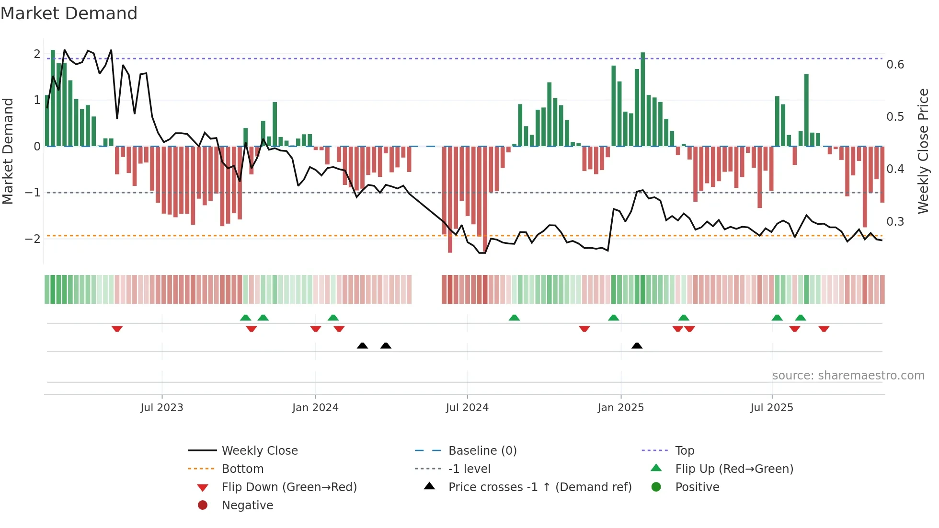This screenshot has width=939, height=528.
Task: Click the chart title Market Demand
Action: [x=69, y=13]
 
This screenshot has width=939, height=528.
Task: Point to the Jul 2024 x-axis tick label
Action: [x=467, y=408]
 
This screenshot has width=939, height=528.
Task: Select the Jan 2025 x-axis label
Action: [x=620, y=408]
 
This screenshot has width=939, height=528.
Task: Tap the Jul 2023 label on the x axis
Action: [x=162, y=408]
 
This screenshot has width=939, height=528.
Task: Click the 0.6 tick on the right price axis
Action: [x=895, y=65]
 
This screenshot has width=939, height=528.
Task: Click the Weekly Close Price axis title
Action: [x=923, y=151]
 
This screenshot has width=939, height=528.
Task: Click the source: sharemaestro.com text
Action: [x=848, y=376]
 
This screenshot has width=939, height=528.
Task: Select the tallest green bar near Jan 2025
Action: [x=643, y=98]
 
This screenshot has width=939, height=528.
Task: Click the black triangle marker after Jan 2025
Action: [x=637, y=345]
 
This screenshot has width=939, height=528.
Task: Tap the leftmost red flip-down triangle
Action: [x=117, y=329]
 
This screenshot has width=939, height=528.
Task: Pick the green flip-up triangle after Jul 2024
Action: [x=514, y=318]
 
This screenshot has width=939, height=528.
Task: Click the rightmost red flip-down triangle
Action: [x=824, y=329]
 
